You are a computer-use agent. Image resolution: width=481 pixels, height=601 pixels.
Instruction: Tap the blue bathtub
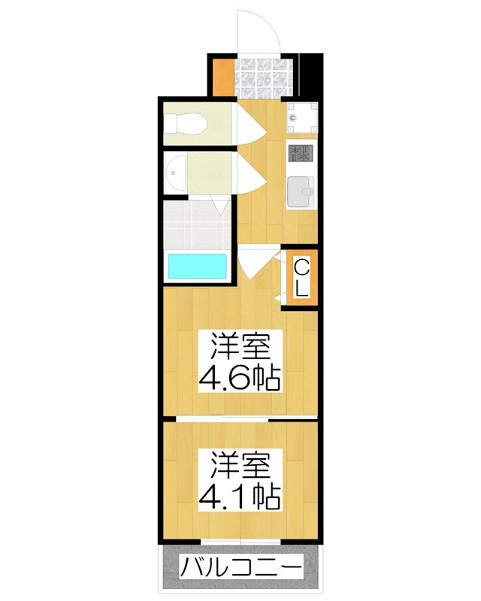coord(197,267)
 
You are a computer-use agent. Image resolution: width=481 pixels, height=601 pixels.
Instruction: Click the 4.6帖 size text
coord(239,378)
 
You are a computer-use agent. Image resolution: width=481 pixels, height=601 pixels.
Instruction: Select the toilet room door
coord(249,123)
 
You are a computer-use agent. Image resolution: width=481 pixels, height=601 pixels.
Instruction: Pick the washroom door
coord(249,174)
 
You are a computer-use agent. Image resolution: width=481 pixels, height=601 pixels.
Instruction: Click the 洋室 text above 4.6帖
coord(239,346)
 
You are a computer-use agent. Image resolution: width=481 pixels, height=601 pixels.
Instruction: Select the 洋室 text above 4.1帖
coord(239,465)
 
